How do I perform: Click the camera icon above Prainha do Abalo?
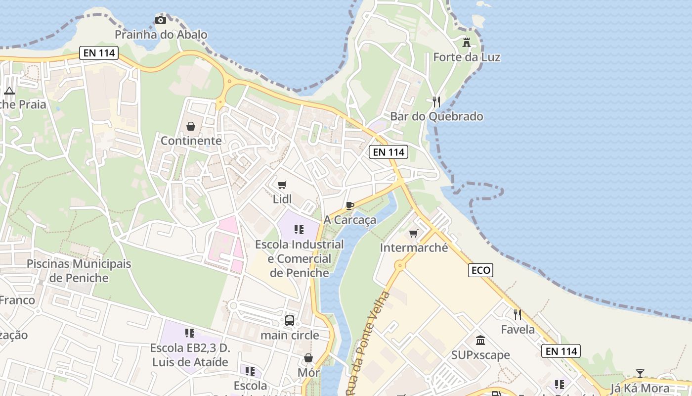(161, 20)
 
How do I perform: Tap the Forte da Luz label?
(467, 57)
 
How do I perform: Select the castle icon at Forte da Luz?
(467, 43)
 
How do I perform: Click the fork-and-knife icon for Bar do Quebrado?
(436, 102)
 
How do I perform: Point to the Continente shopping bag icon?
(191, 127)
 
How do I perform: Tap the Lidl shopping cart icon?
(282, 185)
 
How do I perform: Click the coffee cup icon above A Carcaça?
(350, 205)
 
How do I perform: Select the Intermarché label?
(414, 247)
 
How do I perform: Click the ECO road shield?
(480, 270)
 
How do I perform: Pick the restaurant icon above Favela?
(518, 314)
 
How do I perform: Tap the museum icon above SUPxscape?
(480, 341)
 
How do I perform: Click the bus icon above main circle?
(290, 321)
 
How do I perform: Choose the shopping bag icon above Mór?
(308, 358)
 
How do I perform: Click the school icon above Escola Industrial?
(299, 230)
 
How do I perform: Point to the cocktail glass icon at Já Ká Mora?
(640, 374)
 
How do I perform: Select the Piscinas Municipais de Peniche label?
(79, 270)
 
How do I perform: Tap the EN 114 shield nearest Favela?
(561, 351)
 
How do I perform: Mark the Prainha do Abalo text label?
(161, 35)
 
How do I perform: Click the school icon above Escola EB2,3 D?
(190, 333)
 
